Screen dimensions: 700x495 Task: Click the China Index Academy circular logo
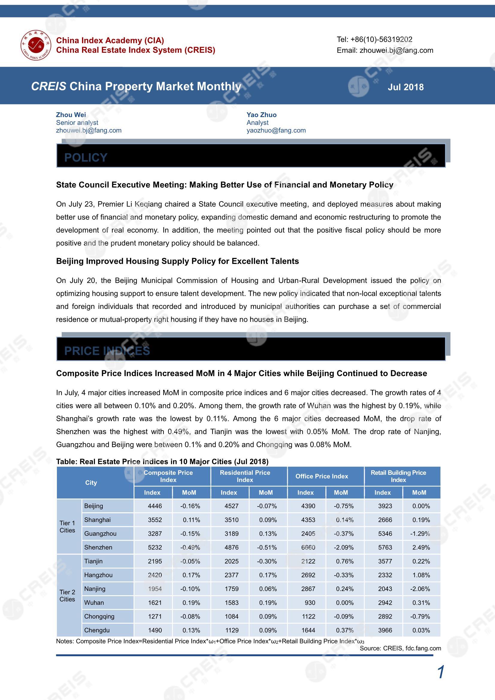36,45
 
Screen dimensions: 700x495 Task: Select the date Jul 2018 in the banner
405,87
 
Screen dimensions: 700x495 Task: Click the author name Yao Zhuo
261,115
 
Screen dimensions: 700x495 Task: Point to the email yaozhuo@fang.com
276,131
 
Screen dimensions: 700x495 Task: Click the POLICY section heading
86,157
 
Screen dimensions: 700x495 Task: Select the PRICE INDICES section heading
107,351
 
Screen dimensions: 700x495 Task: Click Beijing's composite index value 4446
155,506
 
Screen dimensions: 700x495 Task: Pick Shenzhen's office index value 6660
308,547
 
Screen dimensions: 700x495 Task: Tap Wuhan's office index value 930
310,603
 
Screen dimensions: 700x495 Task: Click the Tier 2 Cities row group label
67,596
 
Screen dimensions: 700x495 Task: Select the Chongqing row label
99,616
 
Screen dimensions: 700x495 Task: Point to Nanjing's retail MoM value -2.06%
420,589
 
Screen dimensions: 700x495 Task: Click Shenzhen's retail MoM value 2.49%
421,547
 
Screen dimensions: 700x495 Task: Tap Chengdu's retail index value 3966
385,630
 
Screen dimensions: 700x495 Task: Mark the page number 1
440,672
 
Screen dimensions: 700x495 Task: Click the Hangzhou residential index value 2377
231,575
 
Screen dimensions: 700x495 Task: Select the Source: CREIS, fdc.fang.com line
400,648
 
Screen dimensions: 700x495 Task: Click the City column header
91,483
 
